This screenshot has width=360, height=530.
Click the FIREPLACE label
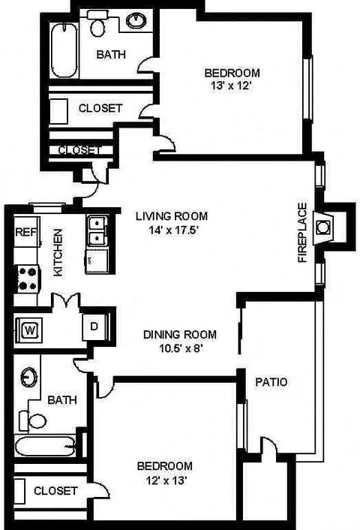pos(303,233)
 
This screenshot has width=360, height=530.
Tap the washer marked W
pos(29,330)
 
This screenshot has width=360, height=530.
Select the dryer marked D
pos(94,327)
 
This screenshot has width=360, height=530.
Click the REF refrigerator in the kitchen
pos(26,232)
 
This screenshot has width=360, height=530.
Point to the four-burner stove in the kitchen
pos(28,279)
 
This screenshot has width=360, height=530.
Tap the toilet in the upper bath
pos(97,23)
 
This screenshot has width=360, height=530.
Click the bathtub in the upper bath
pos(64,50)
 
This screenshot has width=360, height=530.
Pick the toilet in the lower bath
pos(33,420)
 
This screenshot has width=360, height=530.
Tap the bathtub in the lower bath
pos(45,445)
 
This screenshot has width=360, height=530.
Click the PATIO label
pos(271,382)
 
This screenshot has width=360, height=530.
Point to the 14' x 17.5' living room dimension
pos(173,230)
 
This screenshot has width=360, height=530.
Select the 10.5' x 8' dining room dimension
pos(181,348)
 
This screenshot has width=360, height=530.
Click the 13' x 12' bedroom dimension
pos(232,86)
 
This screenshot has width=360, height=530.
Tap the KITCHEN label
pos(58,252)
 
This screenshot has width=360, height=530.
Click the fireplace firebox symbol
pos(322,227)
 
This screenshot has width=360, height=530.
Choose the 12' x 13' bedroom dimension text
pos(166,480)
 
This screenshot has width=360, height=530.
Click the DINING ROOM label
pos(180,335)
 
